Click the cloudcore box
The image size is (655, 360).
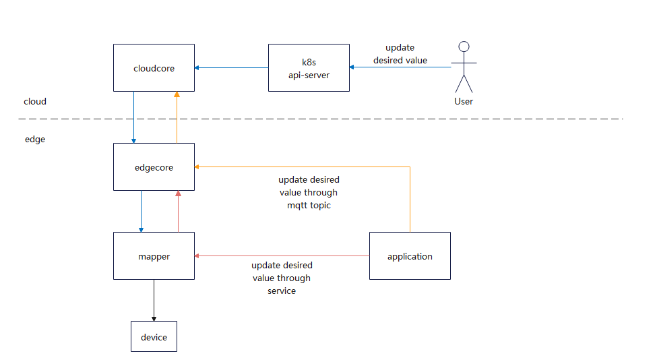(x=154, y=67)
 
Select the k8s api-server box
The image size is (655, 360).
(x=309, y=67)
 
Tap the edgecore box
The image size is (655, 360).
(x=154, y=167)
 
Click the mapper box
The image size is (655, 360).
(x=154, y=256)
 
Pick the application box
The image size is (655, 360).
(x=410, y=256)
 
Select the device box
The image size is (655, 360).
(x=154, y=336)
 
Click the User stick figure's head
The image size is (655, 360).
(x=463, y=47)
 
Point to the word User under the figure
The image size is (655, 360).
(x=464, y=101)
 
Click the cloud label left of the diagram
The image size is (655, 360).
(x=35, y=101)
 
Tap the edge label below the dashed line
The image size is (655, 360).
(x=35, y=140)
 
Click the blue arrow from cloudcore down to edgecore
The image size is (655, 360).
(x=133, y=117)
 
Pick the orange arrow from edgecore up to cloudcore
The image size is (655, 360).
(x=177, y=117)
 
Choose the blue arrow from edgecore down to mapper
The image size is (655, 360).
(x=140, y=211)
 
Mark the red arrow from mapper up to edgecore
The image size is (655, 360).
(x=178, y=211)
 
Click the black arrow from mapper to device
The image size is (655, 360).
(x=154, y=300)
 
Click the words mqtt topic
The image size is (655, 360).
(x=309, y=205)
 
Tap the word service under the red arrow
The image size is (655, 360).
(x=282, y=291)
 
